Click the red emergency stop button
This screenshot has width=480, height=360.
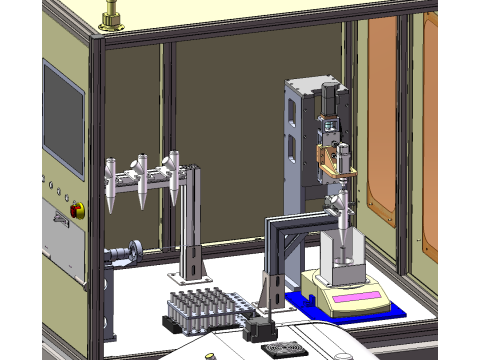tap(78, 208)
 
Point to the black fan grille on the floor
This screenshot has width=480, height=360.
tap(281, 348)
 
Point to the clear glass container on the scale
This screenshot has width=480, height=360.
tap(342, 255)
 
